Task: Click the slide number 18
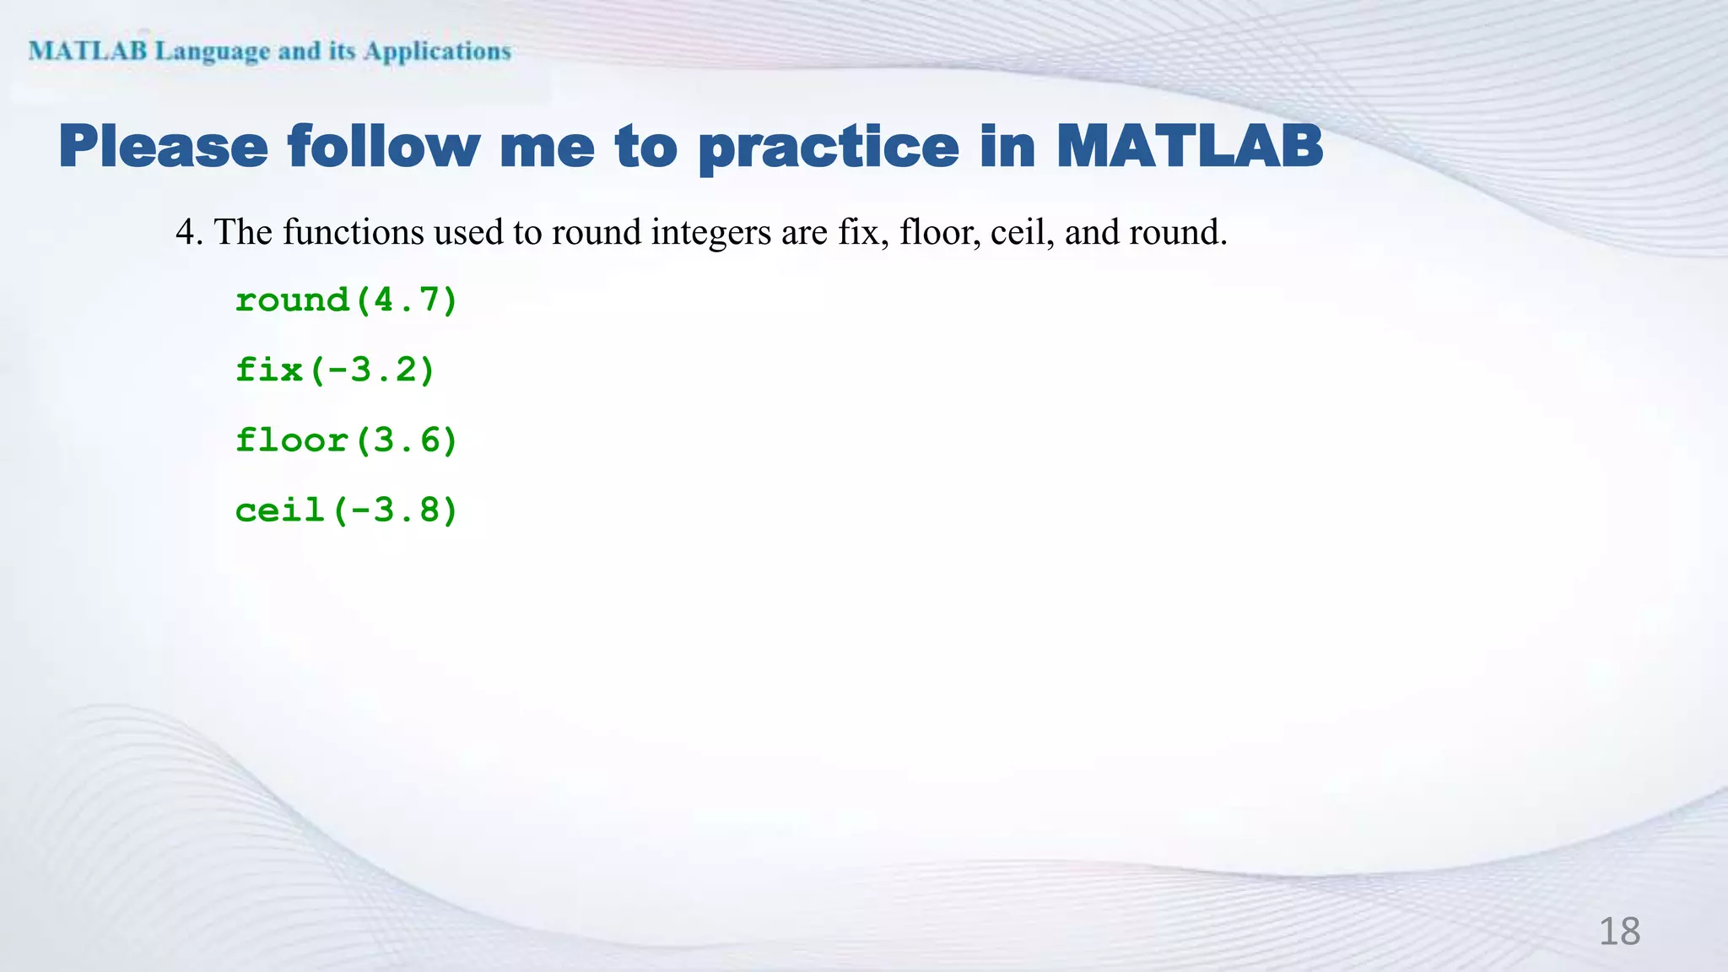tap(1619, 931)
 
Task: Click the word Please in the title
tap(164, 147)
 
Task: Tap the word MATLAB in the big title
tap(1190, 147)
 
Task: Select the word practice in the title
tap(829, 148)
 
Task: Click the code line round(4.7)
tap(346, 300)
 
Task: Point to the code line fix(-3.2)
tap(335, 370)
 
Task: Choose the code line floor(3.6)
tap(346, 440)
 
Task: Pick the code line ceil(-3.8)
tap(346, 510)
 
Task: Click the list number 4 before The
tap(187, 233)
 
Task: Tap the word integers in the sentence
tap(710, 233)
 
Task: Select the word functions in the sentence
tap(353, 233)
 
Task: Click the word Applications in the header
tap(437, 51)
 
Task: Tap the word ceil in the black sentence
tap(1019, 233)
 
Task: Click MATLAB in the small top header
tap(88, 51)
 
